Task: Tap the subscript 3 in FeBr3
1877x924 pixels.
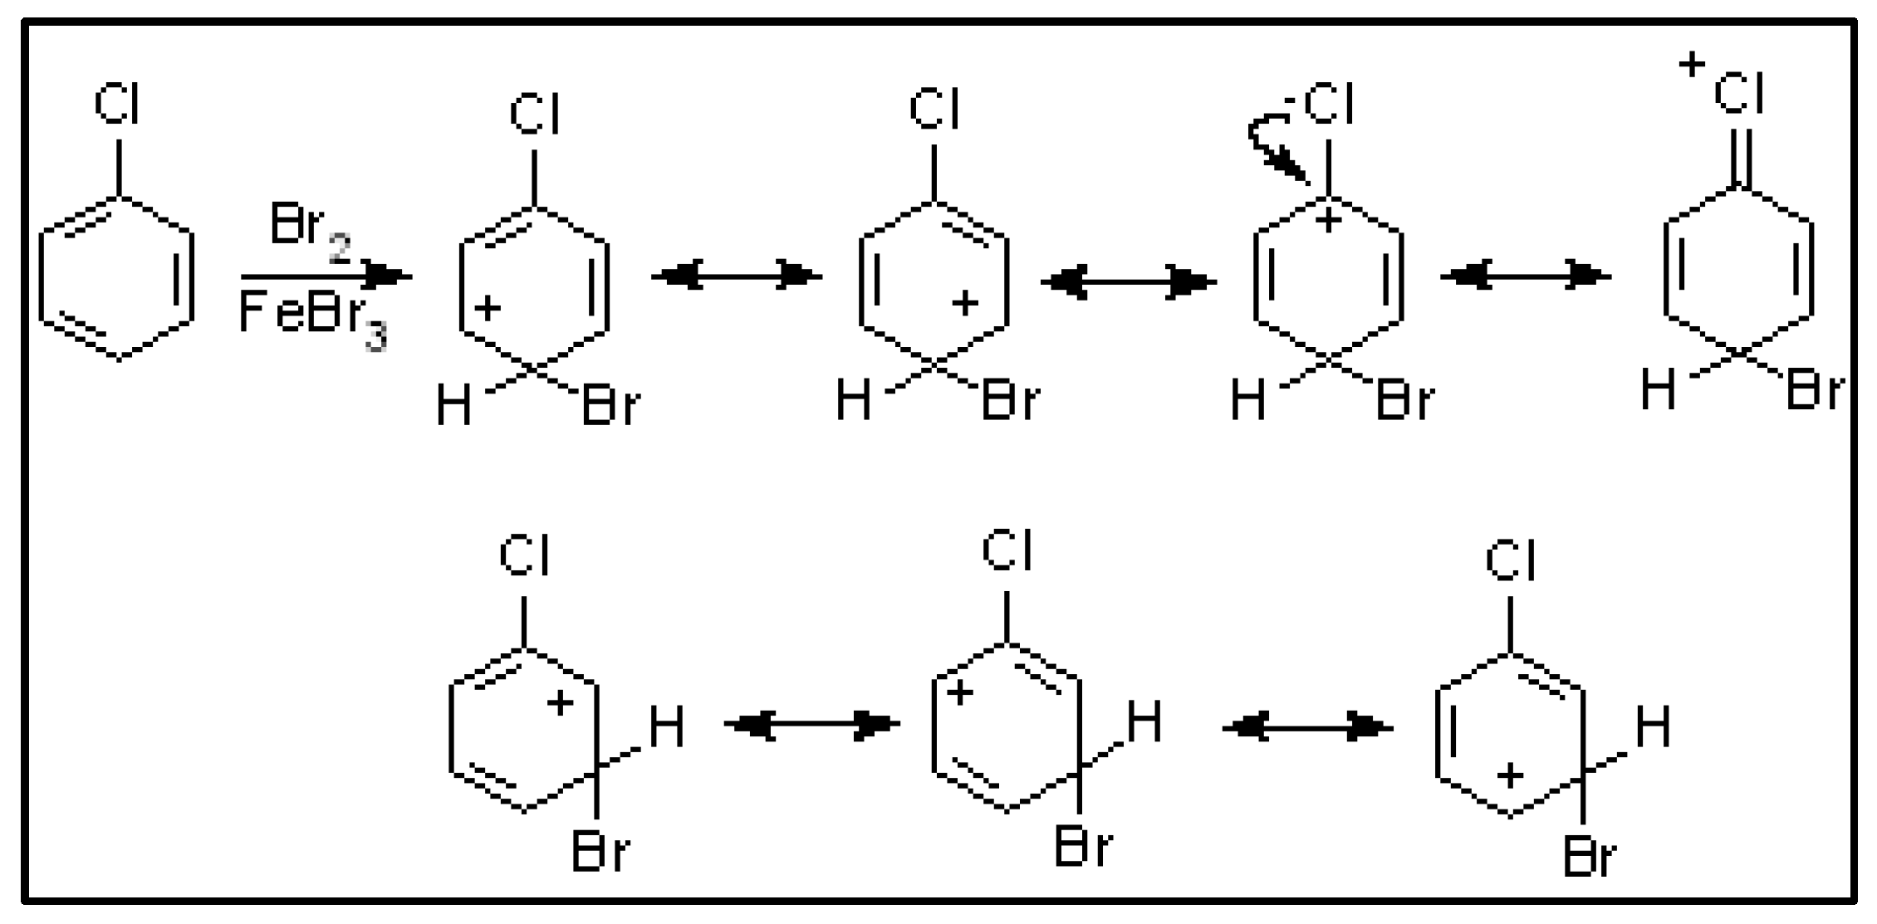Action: click(375, 338)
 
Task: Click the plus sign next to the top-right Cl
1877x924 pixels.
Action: click(1691, 64)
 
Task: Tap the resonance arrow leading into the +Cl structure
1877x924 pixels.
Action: click(1525, 276)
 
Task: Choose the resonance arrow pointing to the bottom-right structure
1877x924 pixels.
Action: click(1306, 728)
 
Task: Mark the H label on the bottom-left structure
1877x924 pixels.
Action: click(666, 728)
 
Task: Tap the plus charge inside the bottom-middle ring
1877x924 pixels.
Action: click(959, 692)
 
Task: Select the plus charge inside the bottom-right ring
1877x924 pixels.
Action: click(1509, 776)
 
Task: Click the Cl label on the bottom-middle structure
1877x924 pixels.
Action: click(1007, 551)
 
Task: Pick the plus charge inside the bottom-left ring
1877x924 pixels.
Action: click(560, 702)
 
